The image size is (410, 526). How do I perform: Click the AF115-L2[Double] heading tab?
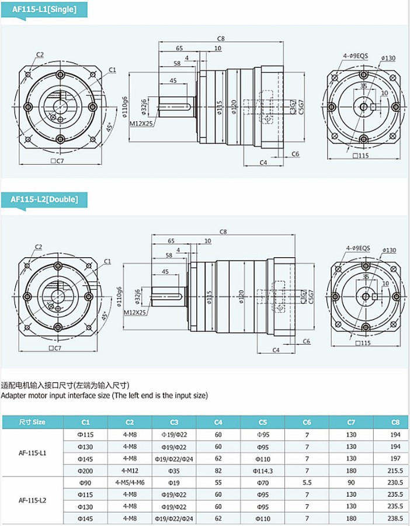(44, 199)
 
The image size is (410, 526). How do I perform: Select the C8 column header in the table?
(395, 422)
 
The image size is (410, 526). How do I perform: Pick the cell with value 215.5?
(395, 470)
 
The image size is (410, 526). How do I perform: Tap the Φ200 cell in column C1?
(85, 470)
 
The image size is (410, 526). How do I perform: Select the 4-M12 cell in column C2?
(130, 470)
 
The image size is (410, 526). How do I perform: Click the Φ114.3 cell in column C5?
(263, 470)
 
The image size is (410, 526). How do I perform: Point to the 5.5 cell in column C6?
(307, 483)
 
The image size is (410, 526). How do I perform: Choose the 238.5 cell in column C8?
(395, 518)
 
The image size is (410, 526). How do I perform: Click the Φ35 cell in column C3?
(174, 470)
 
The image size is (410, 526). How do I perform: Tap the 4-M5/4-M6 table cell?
(130, 483)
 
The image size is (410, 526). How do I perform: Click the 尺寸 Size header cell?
(32, 422)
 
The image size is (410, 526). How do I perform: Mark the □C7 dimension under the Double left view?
(55, 348)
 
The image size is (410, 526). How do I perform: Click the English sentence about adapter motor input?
(104, 396)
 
